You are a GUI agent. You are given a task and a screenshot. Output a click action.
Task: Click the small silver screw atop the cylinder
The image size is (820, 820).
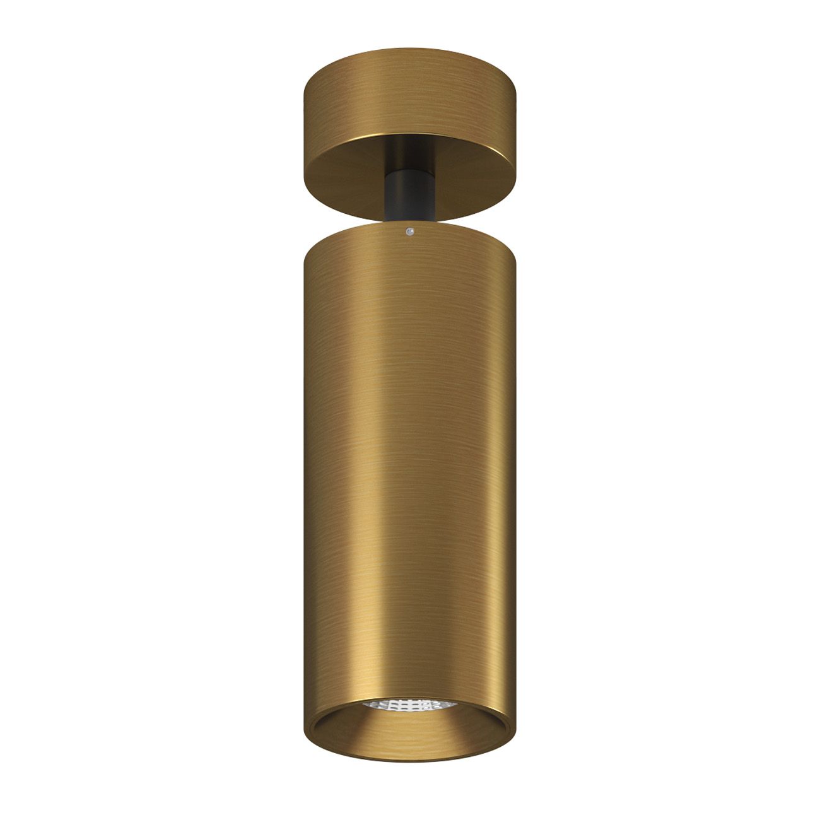tap(410, 232)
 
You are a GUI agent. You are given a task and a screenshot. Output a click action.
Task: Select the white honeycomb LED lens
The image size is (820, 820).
tap(410, 704)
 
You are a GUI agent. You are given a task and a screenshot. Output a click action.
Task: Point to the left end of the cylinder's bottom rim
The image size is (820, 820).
tap(305, 719)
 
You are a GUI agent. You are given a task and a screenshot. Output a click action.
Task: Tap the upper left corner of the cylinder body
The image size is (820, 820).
tap(306, 252)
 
